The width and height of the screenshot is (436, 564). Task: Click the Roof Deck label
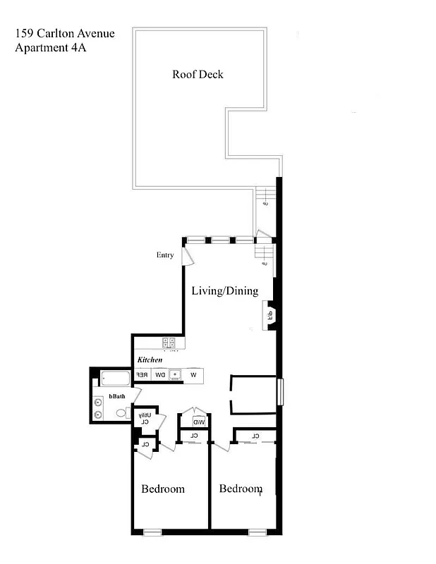pyautogui.click(x=198, y=74)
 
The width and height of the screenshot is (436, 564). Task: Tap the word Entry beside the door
pyautogui.click(x=165, y=255)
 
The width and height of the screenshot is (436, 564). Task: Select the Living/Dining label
pyautogui.click(x=225, y=290)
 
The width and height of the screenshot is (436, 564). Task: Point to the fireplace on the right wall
pyautogui.click(x=270, y=314)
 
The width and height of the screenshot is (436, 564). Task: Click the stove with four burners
pyautogui.click(x=169, y=343)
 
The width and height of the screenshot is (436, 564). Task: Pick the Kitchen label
pyautogui.click(x=150, y=360)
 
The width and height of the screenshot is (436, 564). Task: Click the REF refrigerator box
pyautogui.click(x=142, y=375)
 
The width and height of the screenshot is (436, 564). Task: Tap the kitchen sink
pyautogui.click(x=175, y=375)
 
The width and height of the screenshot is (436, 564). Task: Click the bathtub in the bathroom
pyautogui.click(x=116, y=379)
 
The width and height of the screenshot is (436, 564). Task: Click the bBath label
pyautogui.click(x=116, y=396)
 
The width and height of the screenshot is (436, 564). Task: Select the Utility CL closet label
pyautogui.click(x=144, y=418)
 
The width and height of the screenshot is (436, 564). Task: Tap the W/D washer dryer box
pyautogui.click(x=199, y=422)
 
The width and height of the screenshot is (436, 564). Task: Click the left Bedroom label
pyautogui.click(x=163, y=489)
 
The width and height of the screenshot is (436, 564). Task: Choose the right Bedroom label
pyautogui.click(x=241, y=489)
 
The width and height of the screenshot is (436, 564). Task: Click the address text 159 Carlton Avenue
pyautogui.click(x=64, y=33)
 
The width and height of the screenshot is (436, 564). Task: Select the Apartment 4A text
pyautogui.click(x=55, y=48)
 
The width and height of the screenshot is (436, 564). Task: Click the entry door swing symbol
pyautogui.click(x=187, y=255)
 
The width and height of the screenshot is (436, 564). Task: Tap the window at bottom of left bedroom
pyautogui.click(x=152, y=532)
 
